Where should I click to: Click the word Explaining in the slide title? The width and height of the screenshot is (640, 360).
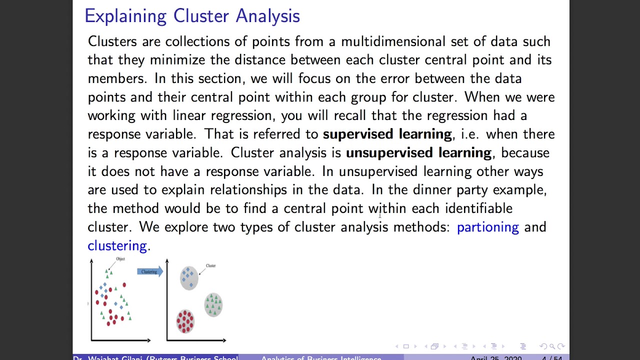125,16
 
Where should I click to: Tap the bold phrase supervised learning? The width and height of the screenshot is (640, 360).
387,134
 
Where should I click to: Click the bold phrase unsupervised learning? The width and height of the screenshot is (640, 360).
418,152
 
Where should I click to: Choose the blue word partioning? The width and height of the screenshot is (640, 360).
487,227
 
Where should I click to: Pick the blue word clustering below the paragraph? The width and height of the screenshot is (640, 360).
117,245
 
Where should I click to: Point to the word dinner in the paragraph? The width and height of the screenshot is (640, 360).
432,190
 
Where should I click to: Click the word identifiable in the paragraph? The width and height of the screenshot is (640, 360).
478,208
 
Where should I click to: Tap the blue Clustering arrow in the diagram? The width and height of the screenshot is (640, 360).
149,271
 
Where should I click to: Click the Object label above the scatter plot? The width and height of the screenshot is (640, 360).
120,259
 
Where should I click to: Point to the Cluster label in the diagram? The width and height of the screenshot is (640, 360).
210,265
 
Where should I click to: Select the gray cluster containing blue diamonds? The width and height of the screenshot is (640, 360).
188,277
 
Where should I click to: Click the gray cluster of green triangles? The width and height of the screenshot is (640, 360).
213,304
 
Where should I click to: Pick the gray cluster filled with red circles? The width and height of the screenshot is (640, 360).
185,321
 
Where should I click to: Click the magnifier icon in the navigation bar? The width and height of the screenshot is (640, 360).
552,346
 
